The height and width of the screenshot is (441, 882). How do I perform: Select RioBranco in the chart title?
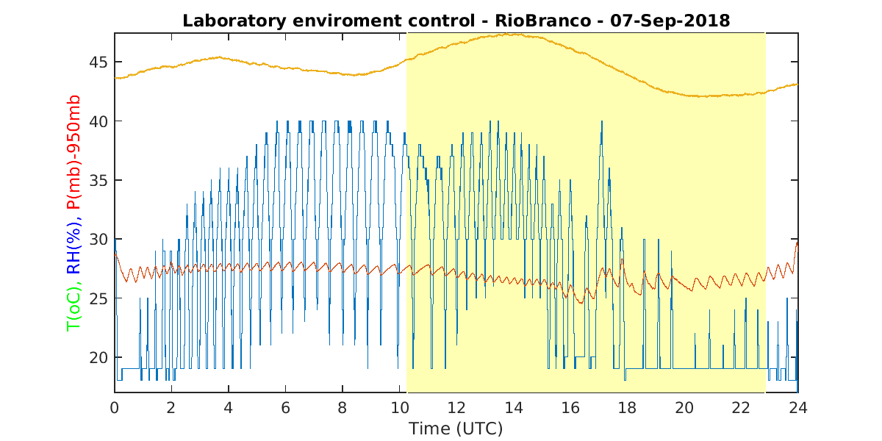pos(543,21)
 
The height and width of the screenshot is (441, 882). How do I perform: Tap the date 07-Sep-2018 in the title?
pos(670,21)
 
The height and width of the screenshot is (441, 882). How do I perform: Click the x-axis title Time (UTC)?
pos(456,429)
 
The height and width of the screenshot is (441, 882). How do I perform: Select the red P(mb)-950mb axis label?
pos(73,152)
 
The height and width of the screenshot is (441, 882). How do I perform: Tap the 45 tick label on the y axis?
pos(98,62)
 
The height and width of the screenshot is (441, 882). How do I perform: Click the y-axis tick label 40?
pos(98,121)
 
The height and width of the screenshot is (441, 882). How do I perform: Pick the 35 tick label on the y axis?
pos(98,180)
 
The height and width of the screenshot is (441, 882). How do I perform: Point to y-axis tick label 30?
pos(98,240)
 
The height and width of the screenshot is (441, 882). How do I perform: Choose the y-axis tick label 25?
pos(98,299)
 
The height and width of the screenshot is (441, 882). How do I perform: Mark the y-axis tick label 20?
pos(98,358)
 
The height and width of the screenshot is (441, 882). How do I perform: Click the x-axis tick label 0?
pos(114,408)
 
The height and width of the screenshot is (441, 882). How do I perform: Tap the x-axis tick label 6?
pos(285,408)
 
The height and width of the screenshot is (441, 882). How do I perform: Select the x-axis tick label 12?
pos(456,408)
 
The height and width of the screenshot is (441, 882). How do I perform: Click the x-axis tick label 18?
pos(627,408)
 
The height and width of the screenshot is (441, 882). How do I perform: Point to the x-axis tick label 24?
pos(798,408)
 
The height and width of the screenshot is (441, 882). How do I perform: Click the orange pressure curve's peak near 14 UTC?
pos(512,35)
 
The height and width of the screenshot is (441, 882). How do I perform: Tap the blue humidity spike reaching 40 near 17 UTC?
pos(602,122)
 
